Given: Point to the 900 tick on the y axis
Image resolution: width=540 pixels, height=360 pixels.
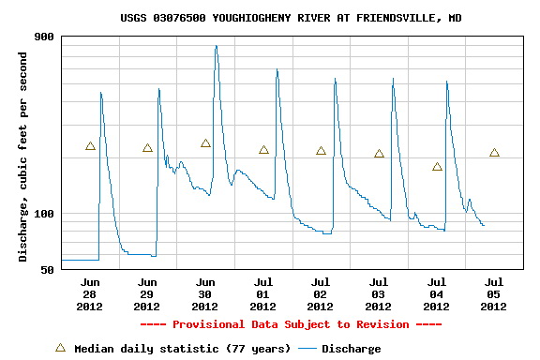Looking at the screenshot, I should pos(44,37).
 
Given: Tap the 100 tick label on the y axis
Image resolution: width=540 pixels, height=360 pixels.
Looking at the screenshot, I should pos(44,214).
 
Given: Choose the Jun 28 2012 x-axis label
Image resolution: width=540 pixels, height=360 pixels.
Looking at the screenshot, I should pos(89,293).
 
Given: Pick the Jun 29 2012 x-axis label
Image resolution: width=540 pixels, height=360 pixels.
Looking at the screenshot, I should pos(147,293).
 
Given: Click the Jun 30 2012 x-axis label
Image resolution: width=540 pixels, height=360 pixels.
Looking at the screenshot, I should pos(204,293).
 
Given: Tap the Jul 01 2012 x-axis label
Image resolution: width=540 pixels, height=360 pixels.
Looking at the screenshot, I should pos(262,293).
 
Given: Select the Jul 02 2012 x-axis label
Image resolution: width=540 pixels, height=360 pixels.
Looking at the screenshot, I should pos(321,293).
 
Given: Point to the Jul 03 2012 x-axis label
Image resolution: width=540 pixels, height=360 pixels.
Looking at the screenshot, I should pos(378,293).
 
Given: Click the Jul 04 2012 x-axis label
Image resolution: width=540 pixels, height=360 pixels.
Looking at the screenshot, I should pos(436,293).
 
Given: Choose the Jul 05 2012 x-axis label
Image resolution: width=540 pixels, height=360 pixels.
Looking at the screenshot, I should pos(493,293).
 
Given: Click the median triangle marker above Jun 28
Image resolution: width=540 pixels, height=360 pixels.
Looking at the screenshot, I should pos(90,146).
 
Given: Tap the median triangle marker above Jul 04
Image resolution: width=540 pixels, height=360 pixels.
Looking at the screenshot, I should pos(437,167).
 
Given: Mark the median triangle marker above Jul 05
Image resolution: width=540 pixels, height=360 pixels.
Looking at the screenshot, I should pos(494,153).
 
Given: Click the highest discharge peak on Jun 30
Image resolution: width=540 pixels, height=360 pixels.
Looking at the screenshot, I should pos(216,46).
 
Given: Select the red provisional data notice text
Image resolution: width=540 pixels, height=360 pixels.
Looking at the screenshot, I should pos(291,324).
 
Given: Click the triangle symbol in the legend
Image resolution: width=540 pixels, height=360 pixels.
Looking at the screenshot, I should pos(60,348).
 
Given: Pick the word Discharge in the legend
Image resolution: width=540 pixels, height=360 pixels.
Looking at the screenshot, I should pos(352,349).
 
